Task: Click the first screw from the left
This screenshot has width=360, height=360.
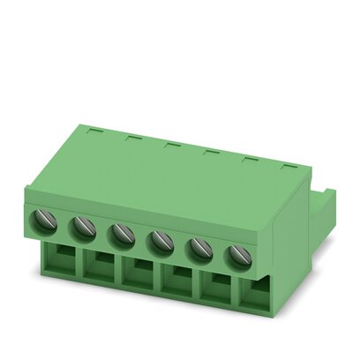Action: click(x=44, y=221)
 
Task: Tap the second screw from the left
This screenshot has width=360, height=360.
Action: click(x=83, y=228)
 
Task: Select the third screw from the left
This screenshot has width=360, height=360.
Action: click(x=122, y=235)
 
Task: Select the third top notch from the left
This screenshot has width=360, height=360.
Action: click(x=170, y=143)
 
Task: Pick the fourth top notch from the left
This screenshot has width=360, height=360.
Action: click(x=210, y=151)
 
